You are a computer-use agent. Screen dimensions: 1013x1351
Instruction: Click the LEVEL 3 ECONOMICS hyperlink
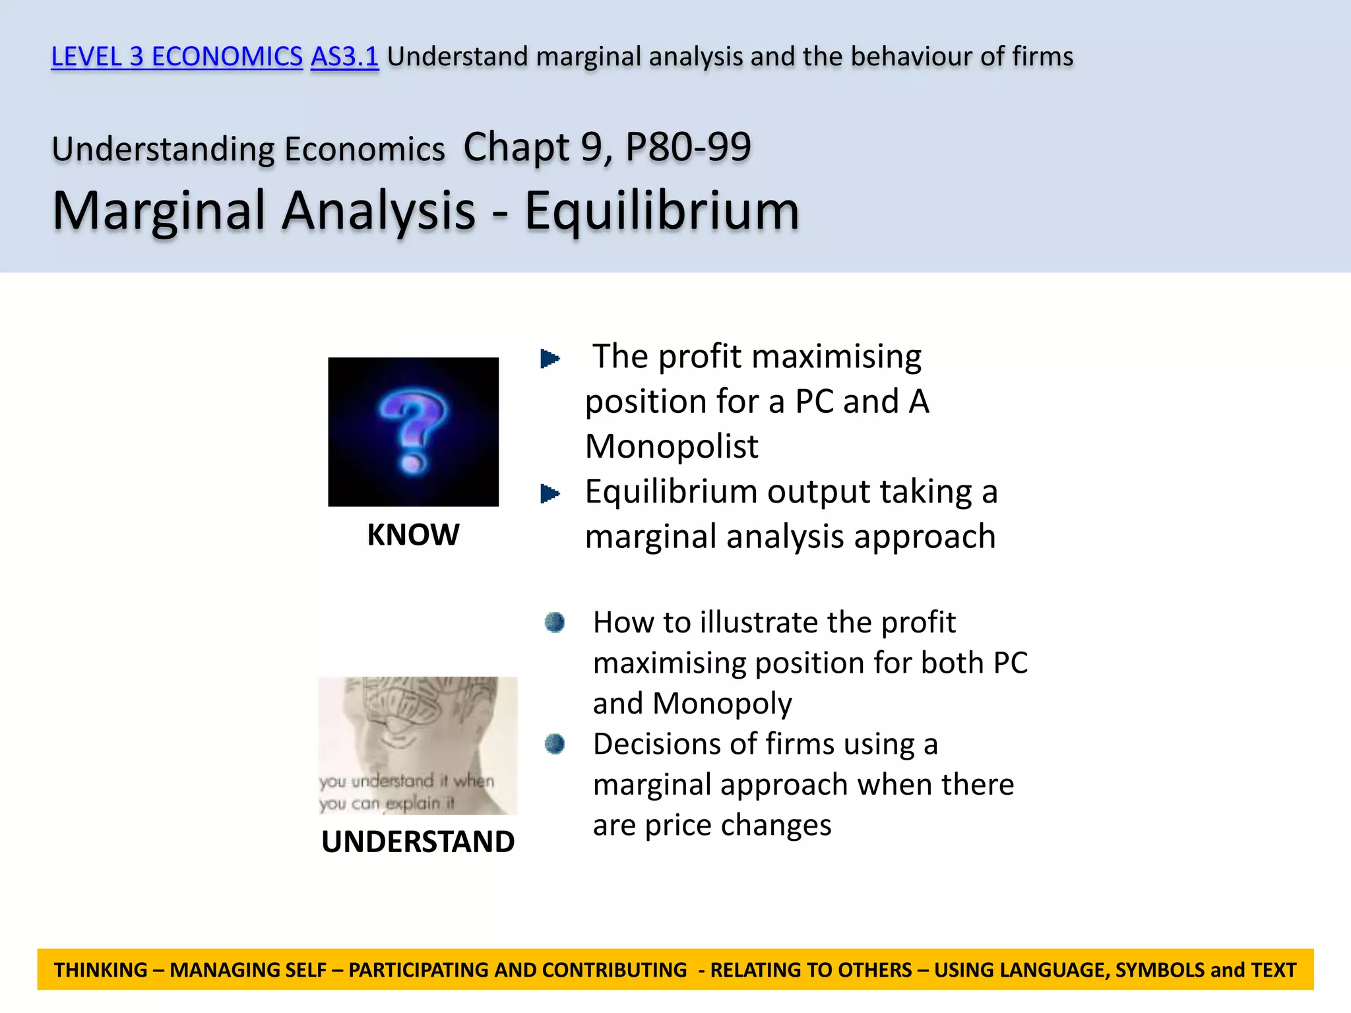[177, 57]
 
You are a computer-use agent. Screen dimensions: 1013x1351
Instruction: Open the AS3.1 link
[344, 57]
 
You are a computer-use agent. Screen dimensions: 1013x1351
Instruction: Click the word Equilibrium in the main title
[662, 211]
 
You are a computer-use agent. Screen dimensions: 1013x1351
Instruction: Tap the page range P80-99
[688, 146]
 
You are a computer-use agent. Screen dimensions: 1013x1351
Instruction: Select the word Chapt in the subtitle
[516, 146]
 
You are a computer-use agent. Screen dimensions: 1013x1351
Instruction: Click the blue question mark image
[413, 432]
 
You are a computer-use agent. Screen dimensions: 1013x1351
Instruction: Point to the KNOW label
[413, 534]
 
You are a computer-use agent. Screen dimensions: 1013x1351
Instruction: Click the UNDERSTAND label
[418, 842]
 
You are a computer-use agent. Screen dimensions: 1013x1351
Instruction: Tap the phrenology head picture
[418, 745]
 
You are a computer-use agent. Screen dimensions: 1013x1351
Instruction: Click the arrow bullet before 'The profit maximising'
[550, 359]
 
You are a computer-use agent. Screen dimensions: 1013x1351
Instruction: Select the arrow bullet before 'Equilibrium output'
[550, 493]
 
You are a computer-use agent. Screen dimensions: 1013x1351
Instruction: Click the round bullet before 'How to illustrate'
[554, 622]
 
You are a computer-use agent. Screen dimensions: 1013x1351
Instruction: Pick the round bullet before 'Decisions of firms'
[554, 744]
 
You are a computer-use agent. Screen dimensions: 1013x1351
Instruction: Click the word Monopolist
[672, 446]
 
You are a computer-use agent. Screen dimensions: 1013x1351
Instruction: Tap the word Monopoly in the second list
[722, 704]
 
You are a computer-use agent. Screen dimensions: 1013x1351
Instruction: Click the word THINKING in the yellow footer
[101, 970]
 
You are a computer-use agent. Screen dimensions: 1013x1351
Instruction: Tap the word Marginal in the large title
[158, 211]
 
